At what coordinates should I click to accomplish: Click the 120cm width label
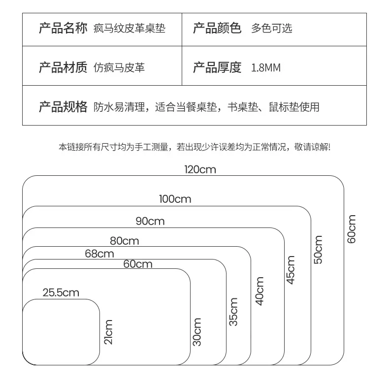[x=200, y=170]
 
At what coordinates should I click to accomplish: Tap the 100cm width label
[x=175, y=199]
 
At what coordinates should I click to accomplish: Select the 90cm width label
[x=150, y=221]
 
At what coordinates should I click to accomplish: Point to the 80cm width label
[x=124, y=241]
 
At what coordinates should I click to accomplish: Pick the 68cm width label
[x=99, y=254]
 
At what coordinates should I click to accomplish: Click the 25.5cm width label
[x=61, y=293]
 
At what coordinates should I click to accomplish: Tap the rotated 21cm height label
[x=108, y=332]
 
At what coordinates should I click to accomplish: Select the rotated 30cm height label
[x=197, y=332]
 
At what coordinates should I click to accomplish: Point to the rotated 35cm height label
[x=233, y=312]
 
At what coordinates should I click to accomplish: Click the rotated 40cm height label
[x=259, y=291]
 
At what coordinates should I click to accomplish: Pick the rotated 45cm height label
[x=291, y=270]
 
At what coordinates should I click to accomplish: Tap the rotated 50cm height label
[x=318, y=250]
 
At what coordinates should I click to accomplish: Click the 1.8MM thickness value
[x=266, y=68]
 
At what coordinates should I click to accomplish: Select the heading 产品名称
[x=63, y=28]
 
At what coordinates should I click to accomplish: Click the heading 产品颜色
[x=217, y=28]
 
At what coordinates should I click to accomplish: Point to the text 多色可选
[x=272, y=28]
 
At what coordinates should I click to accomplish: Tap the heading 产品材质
[x=63, y=67]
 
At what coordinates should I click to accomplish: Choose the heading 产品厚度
[x=217, y=67]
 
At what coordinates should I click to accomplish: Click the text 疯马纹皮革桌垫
[x=130, y=28]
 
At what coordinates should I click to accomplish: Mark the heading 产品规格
[x=63, y=107]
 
